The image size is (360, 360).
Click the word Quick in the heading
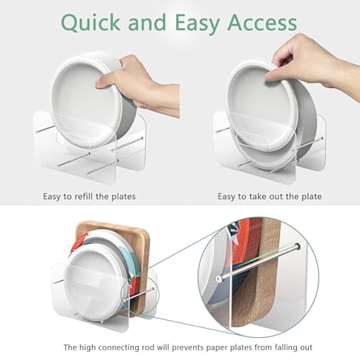[x=91, y=22]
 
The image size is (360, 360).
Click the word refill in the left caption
[x=83, y=196]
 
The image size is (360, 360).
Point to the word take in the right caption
[x=258, y=197]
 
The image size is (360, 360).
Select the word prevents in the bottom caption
[x=187, y=348]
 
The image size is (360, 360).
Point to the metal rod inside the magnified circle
[x=258, y=263]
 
